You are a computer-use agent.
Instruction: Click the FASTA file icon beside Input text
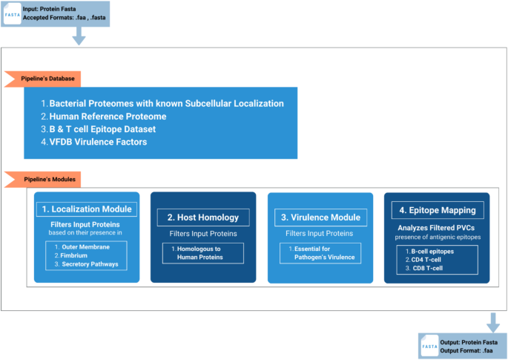point(13,14)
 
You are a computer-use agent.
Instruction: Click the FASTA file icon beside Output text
point(429,346)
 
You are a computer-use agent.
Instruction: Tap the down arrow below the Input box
point(79,36)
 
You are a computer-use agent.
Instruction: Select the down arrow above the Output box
point(493,323)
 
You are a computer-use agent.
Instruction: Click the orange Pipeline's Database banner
point(42,79)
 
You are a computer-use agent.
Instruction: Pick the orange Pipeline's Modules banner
point(42,180)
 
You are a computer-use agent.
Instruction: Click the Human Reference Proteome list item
point(104,117)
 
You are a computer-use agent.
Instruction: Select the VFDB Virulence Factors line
point(94,142)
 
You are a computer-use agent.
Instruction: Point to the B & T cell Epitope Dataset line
point(98,129)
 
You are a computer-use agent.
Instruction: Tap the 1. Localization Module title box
point(87,209)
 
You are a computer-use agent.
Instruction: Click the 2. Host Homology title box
point(203,217)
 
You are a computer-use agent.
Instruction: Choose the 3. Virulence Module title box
point(320,217)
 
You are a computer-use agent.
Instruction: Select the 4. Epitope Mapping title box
point(438,210)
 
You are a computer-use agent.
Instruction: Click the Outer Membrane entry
point(82,247)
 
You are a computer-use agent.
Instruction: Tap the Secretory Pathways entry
point(86,264)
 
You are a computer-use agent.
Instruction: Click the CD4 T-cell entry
point(423,260)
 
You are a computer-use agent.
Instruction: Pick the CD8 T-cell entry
point(424,268)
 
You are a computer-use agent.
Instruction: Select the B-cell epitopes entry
point(429,252)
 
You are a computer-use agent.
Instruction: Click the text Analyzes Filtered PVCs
point(436,228)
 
